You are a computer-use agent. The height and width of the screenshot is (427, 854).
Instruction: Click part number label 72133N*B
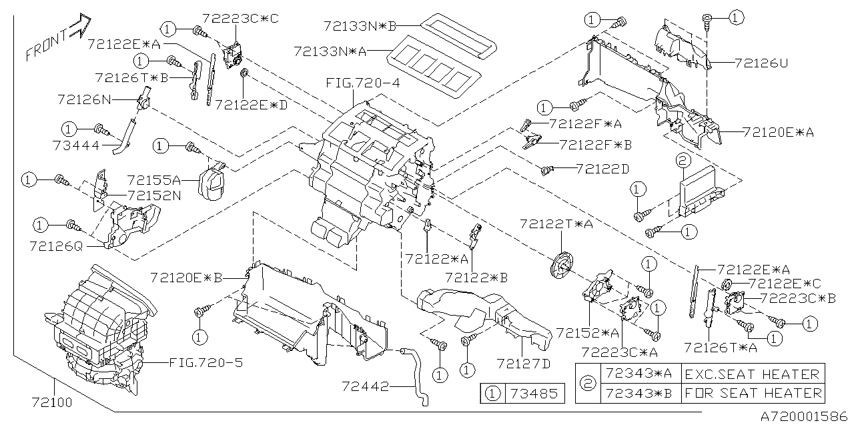[360, 26]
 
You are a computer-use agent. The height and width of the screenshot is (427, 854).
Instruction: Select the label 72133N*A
[329, 51]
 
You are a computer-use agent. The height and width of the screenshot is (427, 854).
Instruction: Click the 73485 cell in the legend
[532, 393]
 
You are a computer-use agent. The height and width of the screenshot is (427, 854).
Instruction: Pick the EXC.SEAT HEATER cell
[752, 374]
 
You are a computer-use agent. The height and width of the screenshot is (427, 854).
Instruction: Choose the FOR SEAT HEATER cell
[752, 393]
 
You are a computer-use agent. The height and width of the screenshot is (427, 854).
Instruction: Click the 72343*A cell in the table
[637, 374]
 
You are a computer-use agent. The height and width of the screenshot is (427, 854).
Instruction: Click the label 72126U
[761, 63]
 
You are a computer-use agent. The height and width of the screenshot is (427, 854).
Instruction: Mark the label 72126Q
[56, 246]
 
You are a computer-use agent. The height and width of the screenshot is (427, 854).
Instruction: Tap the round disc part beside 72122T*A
[561, 265]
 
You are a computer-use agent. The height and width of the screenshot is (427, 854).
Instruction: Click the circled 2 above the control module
[681, 160]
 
